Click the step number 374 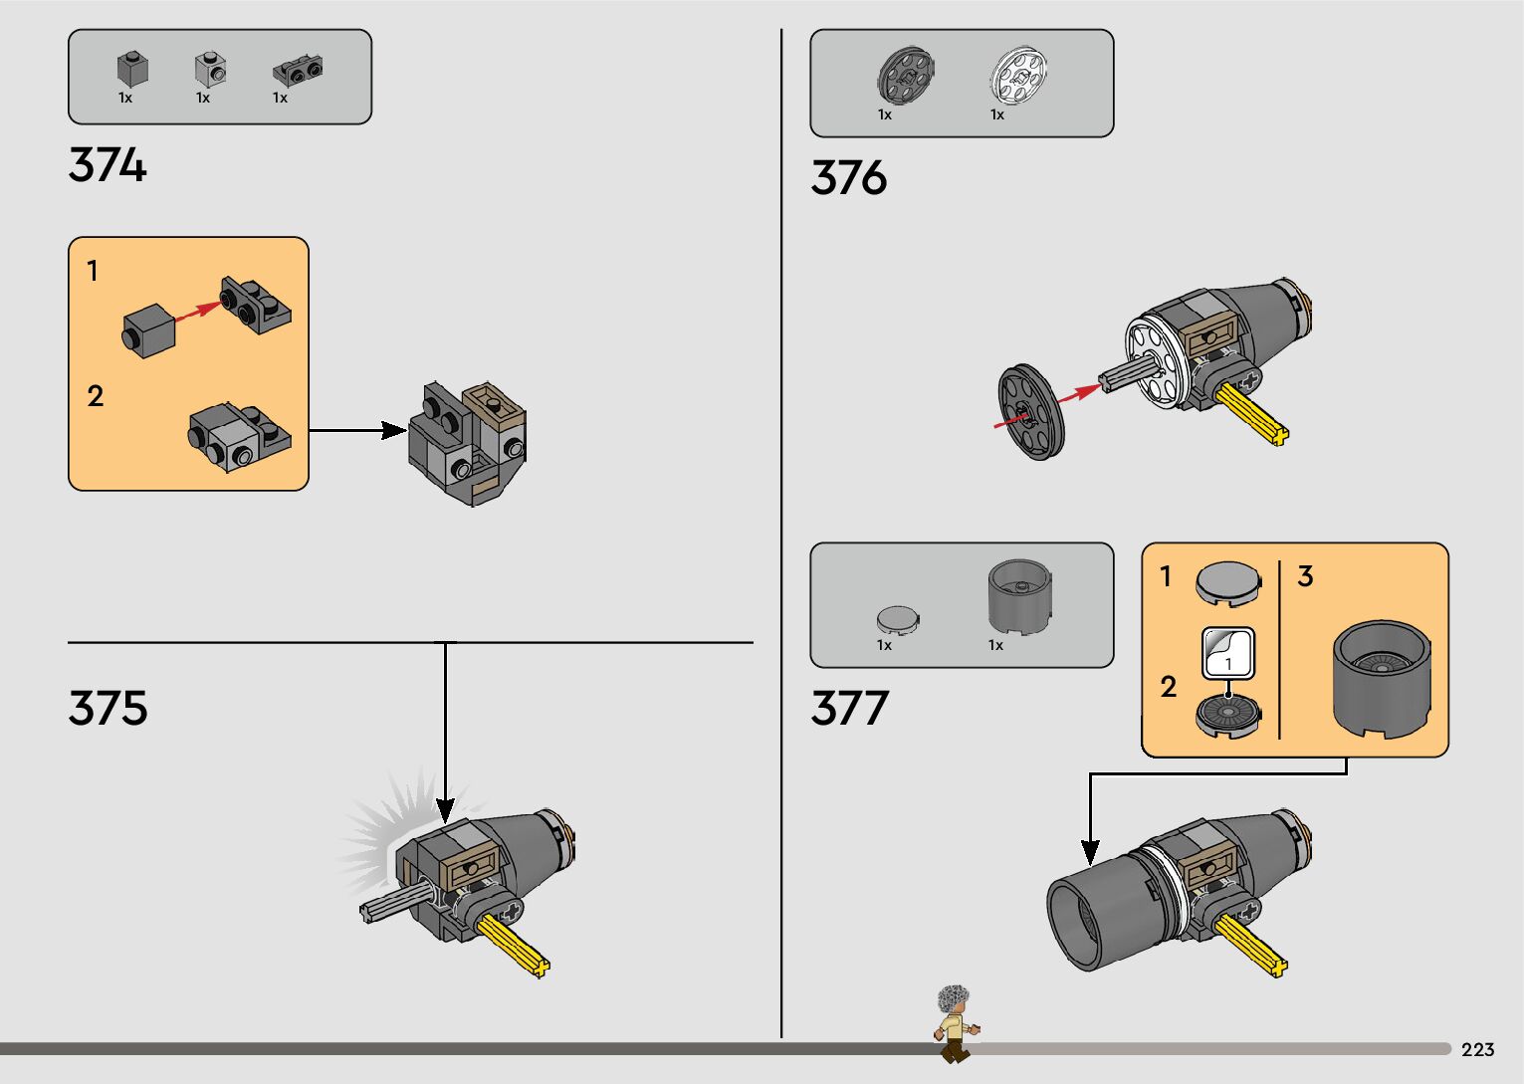click(x=108, y=165)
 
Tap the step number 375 click(x=108, y=709)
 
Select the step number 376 click(x=848, y=178)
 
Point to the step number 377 click(x=848, y=709)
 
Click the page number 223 click(x=1477, y=1050)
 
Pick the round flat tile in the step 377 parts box click(x=898, y=620)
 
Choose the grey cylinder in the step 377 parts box click(x=1019, y=597)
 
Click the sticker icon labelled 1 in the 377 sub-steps click(x=1228, y=653)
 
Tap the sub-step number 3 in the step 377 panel click(x=1305, y=576)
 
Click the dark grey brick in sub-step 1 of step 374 click(x=149, y=331)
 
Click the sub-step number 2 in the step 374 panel click(x=96, y=396)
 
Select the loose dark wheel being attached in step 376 click(x=1031, y=412)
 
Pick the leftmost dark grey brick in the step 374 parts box click(x=132, y=70)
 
